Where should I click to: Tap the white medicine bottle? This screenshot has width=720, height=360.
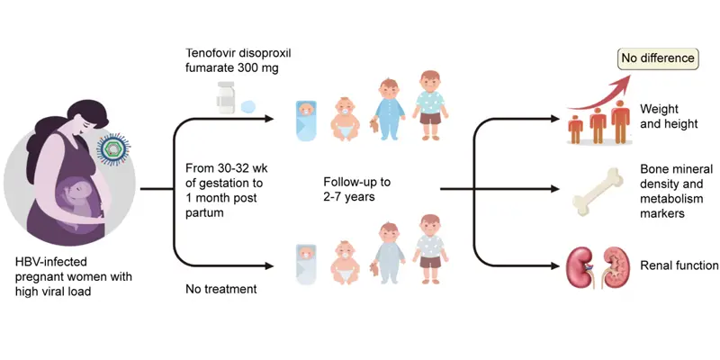click(225, 94)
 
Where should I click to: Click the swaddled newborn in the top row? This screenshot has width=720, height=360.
click(307, 117)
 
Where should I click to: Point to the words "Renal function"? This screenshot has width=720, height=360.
click(679, 265)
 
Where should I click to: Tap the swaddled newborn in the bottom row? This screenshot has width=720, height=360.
click(306, 259)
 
